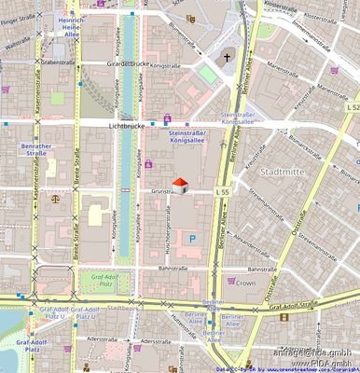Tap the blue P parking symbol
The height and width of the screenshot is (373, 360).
click(x=193, y=239)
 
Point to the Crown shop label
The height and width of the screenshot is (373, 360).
click(x=245, y=282)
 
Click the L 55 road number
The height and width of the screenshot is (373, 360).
click(x=222, y=191)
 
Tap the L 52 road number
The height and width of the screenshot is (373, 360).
click(x=351, y=108)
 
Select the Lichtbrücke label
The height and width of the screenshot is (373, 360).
click(x=129, y=124)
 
